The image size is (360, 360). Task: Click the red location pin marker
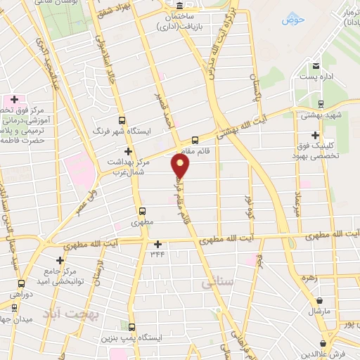tap(181, 166)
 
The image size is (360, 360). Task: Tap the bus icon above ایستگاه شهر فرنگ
tap(122, 120)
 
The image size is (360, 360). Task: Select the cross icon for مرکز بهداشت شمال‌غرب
tap(127, 151)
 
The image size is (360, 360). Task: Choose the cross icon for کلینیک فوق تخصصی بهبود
tap(315, 135)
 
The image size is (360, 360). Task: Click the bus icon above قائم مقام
tap(195, 139)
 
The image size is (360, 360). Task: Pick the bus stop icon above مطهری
tap(142, 211)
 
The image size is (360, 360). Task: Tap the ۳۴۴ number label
tap(157, 254)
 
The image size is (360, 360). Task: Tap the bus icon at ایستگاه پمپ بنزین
tap(131, 327)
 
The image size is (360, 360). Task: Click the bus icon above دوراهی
tap(15, 296)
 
